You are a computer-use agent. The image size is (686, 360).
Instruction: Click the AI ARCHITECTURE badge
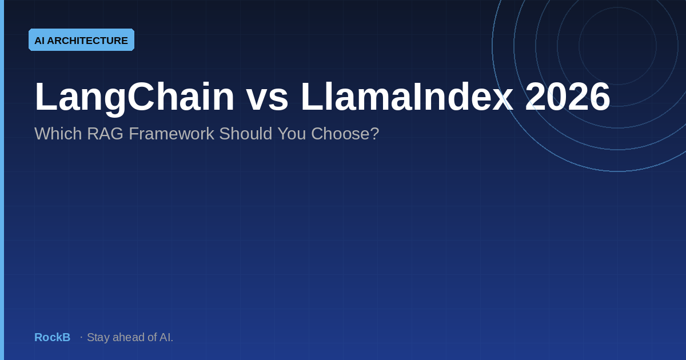tap(81, 40)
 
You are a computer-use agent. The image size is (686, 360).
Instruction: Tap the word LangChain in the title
tap(134, 97)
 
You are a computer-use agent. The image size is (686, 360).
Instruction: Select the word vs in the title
tap(267, 97)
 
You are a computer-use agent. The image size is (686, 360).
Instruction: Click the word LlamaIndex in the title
tap(406, 97)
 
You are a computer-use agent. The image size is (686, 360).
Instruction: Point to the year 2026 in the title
tap(567, 97)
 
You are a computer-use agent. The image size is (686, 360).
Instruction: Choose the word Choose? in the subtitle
tap(345, 134)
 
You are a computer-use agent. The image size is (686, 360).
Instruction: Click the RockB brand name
tap(52, 337)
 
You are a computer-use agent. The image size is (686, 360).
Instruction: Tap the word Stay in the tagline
tap(98, 337)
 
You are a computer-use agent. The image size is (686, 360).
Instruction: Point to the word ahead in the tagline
tap(128, 337)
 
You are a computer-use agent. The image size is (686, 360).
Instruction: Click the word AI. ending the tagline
tap(166, 337)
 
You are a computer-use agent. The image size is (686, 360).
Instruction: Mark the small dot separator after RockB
tap(81, 337)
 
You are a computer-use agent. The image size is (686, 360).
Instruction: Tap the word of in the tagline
tap(152, 337)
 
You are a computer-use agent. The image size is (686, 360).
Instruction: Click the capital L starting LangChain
tap(44, 97)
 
